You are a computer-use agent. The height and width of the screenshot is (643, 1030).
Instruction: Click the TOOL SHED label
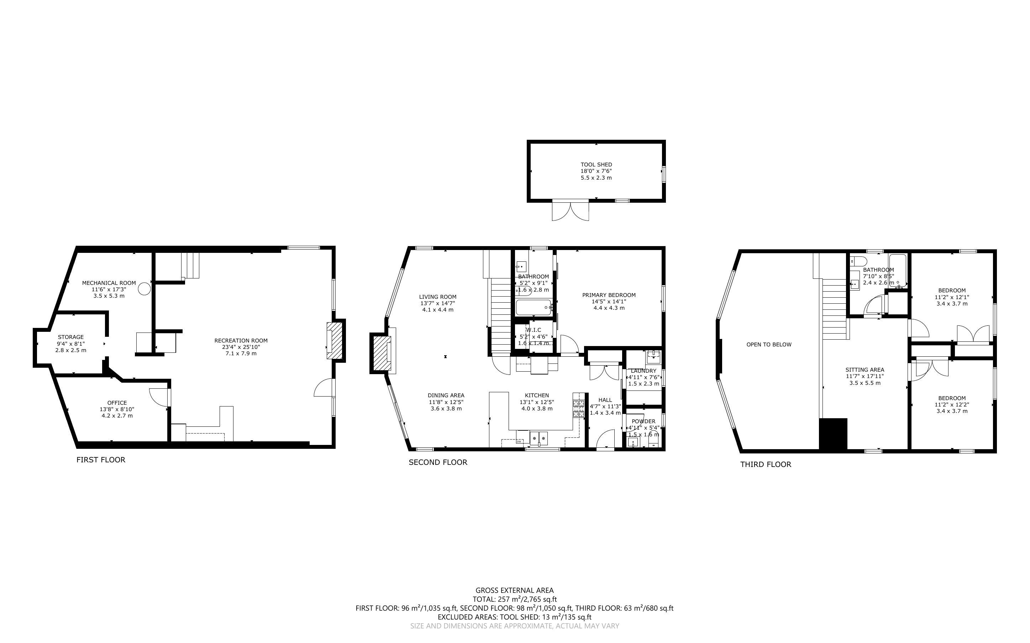pos(596,165)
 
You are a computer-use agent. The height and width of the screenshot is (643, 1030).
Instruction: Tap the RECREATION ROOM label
pos(241,340)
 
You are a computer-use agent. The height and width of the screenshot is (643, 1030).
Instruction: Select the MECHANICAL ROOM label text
pos(109,283)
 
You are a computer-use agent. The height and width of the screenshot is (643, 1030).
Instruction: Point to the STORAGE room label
pos(70,337)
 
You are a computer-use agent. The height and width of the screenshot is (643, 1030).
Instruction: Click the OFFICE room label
pos(117,403)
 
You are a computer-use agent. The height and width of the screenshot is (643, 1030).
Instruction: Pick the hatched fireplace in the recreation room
pos(335,341)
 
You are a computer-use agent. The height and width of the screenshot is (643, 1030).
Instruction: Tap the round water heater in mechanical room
pos(146,289)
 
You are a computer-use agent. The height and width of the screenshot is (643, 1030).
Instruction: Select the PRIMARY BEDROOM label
pos(609,295)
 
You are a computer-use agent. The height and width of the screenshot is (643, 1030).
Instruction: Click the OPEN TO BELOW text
pos(769,345)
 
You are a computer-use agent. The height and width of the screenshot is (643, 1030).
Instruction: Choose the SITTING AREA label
pos(865,370)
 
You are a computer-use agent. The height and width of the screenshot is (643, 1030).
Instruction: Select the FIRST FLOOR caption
pos(101,460)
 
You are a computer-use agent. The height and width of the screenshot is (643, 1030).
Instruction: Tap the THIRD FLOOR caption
pos(766,464)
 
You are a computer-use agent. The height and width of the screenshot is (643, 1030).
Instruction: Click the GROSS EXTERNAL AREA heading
pos(514,590)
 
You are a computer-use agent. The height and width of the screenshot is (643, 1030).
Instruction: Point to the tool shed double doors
pos(571,211)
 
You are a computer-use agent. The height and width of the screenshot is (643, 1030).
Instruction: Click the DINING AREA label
pos(446,395)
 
